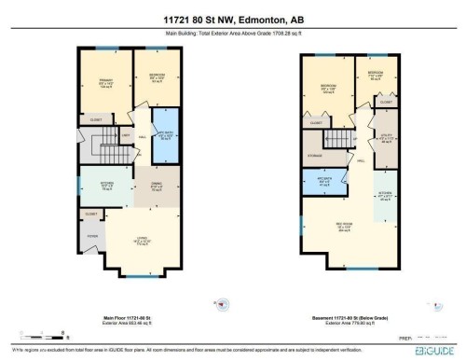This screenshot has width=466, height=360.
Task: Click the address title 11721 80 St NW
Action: pyautogui.click(x=233, y=20)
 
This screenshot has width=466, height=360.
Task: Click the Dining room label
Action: pyautogui.click(x=158, y=184)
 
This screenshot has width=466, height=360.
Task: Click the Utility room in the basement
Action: pyautogui.click(x=387, y=141)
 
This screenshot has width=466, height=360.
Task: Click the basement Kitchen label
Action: pyautogui.click(x=386, y=196)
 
